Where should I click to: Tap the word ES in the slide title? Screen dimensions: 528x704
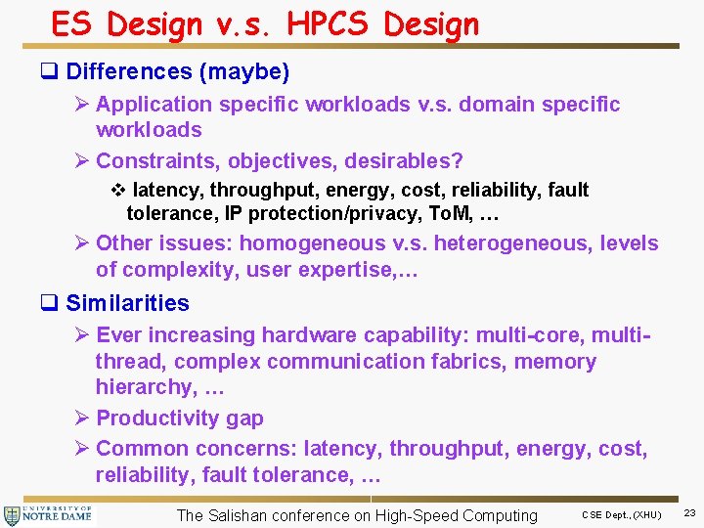(x=73, y=23)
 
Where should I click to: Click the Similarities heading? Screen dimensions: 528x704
(x=127, y=303)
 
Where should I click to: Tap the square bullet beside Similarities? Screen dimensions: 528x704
(x=52, y=303)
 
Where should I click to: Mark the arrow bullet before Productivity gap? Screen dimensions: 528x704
(x=82, y=418)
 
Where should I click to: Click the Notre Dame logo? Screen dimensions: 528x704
(x=48, y=515)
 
